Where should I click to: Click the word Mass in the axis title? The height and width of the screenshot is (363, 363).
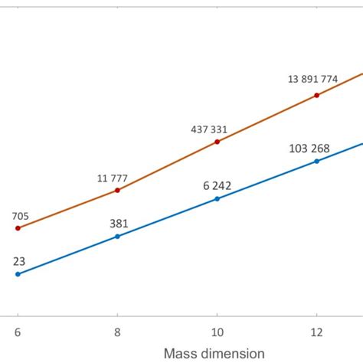click(x=179, y=353)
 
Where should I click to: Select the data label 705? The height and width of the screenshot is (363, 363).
click(x=21, y=215)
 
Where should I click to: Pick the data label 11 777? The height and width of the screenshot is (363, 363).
click(x=113, y=178)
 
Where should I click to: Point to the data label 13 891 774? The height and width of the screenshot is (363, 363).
click(x=314, y=79)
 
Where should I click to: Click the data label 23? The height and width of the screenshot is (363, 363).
click(x=18, y=261)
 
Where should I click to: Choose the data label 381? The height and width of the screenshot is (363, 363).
click(x=118, y=224)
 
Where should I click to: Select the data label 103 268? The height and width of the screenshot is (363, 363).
click(x=320, y=147)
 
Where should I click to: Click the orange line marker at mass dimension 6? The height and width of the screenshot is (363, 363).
click(x=18, y=228)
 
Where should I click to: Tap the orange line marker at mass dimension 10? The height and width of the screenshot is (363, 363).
click(x=217, y=142)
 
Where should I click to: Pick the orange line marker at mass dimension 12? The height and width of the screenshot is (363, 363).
click(x=316, y=96)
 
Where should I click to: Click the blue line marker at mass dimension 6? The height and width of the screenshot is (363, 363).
click(x=18, y=273)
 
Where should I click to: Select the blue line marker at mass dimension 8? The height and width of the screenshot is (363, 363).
click(x=117, y=237)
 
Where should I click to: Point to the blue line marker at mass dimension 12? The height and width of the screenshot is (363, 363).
click(x=316, y=161)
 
